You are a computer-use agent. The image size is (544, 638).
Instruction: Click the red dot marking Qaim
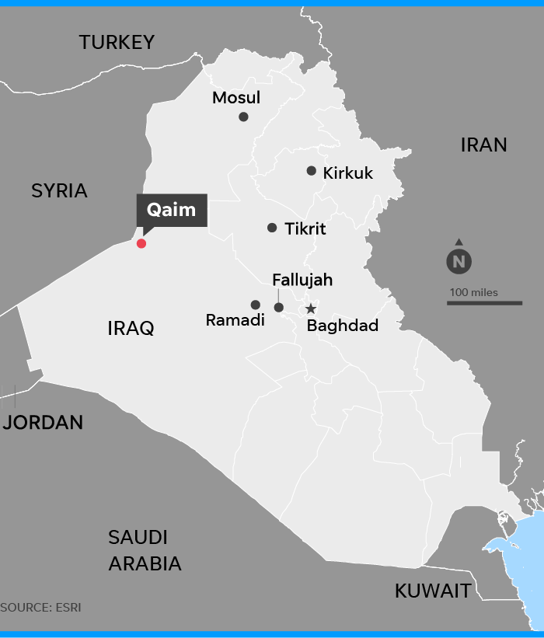tap(141, 243)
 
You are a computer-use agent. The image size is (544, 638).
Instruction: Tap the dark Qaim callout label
tap(172, 210)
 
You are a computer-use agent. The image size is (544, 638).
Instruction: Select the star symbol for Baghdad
tap(311, 309)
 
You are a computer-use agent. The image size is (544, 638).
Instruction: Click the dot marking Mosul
tap(243, 117)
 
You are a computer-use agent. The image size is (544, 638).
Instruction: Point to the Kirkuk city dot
tap(311, 171)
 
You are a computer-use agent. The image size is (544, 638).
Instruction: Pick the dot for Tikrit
tap(272, 228)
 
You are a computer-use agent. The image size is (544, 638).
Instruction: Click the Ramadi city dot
tap(255, 305)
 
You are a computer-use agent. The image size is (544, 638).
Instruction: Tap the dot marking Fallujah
tap(279, 308)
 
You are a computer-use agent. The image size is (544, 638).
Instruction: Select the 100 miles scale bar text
tap(473, 293)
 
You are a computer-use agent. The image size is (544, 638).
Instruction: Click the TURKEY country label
tap(117, 42)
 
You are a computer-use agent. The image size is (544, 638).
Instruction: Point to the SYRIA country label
tap(59, 190)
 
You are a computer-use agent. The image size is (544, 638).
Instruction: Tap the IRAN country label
tap(483, 145)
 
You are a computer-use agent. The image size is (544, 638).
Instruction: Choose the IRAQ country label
tap(131, 328)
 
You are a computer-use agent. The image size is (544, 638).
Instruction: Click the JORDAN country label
tap(44, 422)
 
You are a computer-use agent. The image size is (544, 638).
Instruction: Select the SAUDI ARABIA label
tap(145, 550)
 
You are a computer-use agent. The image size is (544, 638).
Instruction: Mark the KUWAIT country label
tap(433, 591)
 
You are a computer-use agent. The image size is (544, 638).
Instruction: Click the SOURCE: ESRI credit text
tap(40, 607)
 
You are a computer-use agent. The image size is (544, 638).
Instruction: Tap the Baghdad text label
tap(343, 326)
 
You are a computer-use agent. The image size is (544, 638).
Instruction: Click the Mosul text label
tap(236, 98)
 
